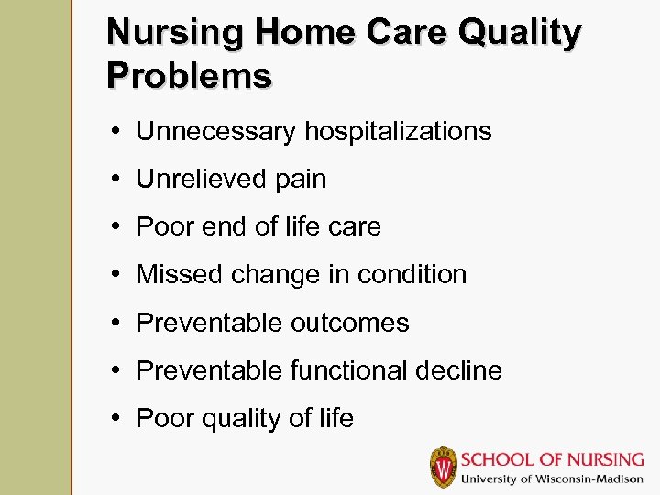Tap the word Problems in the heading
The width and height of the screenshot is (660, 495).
coord(189,75)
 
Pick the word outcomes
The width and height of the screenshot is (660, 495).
coord(350,323)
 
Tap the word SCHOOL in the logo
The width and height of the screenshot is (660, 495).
coord(498,459)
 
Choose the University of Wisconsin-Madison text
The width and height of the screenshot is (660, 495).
coord(552,478)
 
